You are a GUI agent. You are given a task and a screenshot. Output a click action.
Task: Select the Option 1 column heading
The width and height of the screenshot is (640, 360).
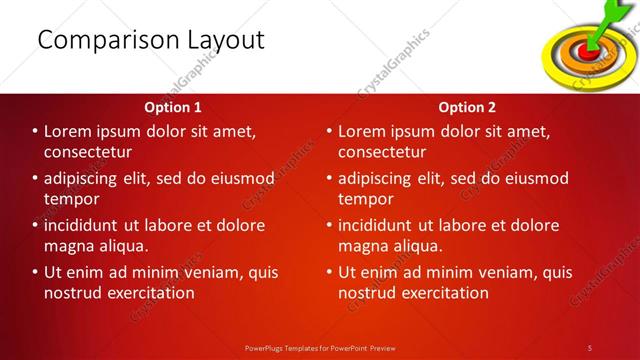tap(173, 106)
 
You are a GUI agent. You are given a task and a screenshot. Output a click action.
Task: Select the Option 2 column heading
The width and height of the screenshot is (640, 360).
tap(466, 106)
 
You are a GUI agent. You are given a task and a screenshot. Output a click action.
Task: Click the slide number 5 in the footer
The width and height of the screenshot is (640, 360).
tap(590, 347)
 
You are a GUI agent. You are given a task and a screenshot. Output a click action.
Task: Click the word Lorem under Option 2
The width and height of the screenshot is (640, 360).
tap(363, 131)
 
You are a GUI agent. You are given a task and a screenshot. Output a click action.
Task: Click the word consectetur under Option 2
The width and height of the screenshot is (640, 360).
tap(382, 152)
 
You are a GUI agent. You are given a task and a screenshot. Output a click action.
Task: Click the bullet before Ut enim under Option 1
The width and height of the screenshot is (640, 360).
tap(35, 272)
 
